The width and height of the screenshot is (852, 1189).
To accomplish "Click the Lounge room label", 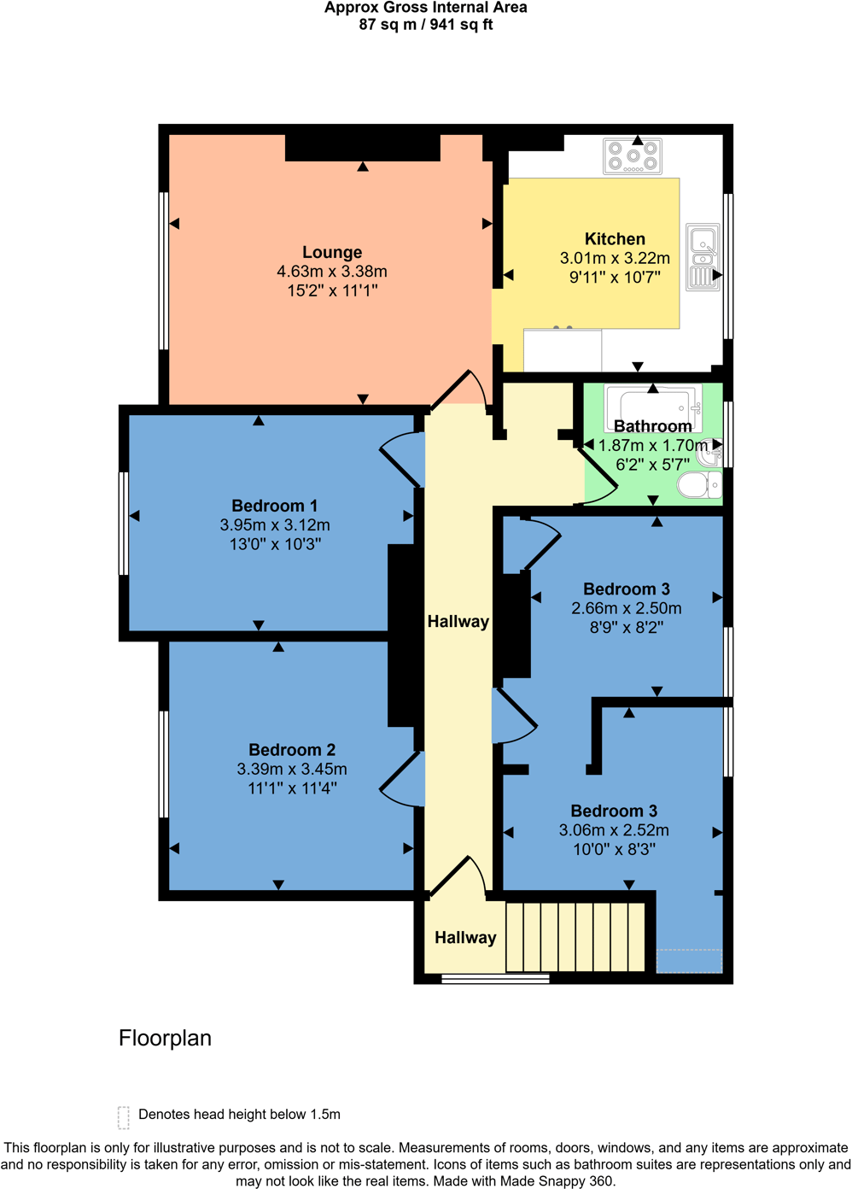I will point(332,252).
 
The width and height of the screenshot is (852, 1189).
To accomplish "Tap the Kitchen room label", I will point(615,239).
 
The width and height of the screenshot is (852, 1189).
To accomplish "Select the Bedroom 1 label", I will point(274,506).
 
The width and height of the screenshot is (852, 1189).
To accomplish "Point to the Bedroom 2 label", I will point(292,750).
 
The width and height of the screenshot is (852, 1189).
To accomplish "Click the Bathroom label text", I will point(652,426).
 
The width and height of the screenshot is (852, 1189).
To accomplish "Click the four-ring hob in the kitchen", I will point(633,156).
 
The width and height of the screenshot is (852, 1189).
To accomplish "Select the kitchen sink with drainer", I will point(703,257).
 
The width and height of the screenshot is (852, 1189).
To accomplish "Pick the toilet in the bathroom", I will point(698,485).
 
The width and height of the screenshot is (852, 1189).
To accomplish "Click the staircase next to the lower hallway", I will point(575,937).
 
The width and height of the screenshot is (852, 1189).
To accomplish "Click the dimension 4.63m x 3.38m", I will point(332,272).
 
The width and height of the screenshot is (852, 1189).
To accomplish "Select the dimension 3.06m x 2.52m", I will point(614,830).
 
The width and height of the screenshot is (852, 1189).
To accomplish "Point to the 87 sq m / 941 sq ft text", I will point(426,25).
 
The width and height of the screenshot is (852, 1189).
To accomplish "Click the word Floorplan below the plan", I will point(165,1038).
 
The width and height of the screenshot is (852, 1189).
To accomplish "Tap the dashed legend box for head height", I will point(124,1116).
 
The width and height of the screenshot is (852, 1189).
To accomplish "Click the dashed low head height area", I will point(689,961).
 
